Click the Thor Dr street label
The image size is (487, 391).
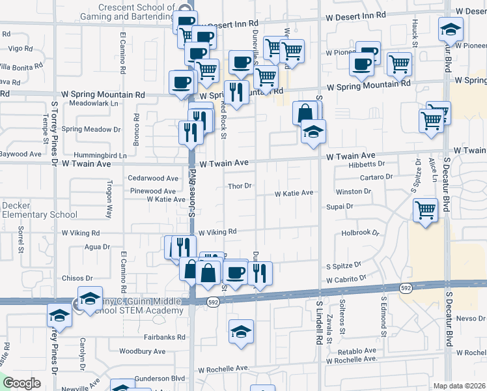click(240, 186)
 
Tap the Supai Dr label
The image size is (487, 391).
click(341, 207)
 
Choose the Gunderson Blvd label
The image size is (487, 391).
click(160, 378)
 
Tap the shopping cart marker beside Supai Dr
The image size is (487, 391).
click(425, 210)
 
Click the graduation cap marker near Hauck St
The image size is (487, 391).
click(450, 29)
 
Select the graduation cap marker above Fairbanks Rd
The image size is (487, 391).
click(241, 330)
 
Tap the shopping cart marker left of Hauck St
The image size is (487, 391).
click(399, 64)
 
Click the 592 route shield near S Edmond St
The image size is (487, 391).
click(406, 287)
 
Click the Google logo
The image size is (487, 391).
click(22, 383)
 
